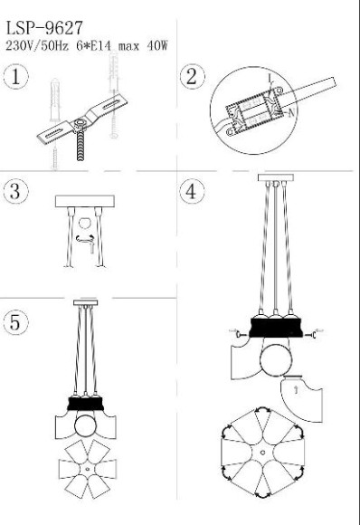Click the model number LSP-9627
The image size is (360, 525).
click(x=44, y=28)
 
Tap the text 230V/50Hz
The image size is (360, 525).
click(x=37, y=45)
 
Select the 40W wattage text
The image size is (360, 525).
click(x=156, y=45)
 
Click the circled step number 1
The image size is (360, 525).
click(x=15, y=77)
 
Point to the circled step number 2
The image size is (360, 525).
click(x=192, y=77)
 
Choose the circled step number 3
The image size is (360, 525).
click(x=15, y=191)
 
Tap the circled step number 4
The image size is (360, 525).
click(x=192, y=192)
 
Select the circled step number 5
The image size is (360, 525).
click(x=15, y=322)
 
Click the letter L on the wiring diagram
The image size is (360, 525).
click(x=270, y=79)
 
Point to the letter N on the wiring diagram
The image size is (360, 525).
click(x=291, y=113)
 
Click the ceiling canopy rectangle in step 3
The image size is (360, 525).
click(x=85, y=202)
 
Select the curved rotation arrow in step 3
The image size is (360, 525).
click(x=85, y=238)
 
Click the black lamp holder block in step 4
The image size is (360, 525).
click(x=276, y=328)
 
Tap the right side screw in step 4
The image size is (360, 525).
click(x=310, y=335)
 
